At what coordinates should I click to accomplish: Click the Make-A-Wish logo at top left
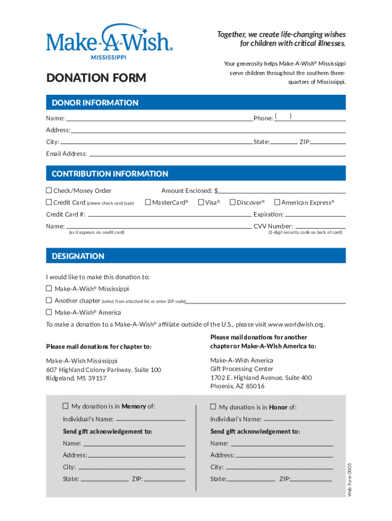click(109, 41)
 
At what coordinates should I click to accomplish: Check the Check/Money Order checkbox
click(49, 191)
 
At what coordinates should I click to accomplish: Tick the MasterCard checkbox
click(148, 202)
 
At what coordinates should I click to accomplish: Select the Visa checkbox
click(201, 202)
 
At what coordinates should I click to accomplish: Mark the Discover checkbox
click(232, 202)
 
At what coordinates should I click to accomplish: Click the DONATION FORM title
click(96, 78)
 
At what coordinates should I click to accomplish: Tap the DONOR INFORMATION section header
click(95, 103)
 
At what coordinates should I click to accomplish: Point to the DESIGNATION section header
click(78, 256)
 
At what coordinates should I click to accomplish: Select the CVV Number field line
click(320, 227)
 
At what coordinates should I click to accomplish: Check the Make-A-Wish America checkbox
click(49, 312)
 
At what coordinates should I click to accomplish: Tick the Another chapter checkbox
click(49, 300)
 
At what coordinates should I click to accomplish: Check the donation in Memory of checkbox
click(65, 406)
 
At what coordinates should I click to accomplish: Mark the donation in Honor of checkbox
click(213, 407)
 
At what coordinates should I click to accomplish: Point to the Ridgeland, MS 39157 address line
click(76, 379)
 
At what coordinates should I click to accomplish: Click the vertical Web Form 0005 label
click(349, 480)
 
